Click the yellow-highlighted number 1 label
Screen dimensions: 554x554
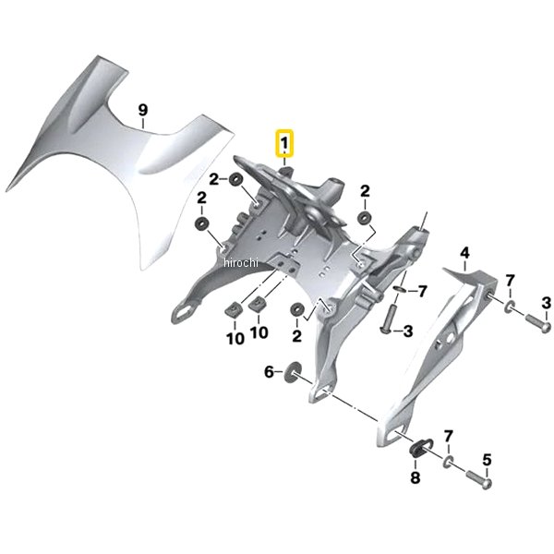pos(284,143)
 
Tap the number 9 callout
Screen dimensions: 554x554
pos(142,110)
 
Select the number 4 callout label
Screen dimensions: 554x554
pos(464,253)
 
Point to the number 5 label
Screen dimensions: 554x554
pos(487,460)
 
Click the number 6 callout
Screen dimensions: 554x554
pos(270,372)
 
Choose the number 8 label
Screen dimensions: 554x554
pos(415,477)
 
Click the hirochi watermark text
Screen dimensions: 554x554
pos(241,262)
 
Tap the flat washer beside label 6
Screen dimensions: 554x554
pos(292,371)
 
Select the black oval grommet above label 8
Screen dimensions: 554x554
pos(418,448)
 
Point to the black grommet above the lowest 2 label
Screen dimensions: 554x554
pos(296,310)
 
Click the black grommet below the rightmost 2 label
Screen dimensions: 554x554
pos(363,217)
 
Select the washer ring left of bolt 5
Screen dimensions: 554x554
pos(448,462)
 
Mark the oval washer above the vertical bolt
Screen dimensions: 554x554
pos(400,289)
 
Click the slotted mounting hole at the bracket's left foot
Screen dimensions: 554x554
pos(184,312)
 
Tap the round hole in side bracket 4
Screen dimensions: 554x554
pos(451,339)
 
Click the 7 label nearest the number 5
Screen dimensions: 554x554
pos(448,437)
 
